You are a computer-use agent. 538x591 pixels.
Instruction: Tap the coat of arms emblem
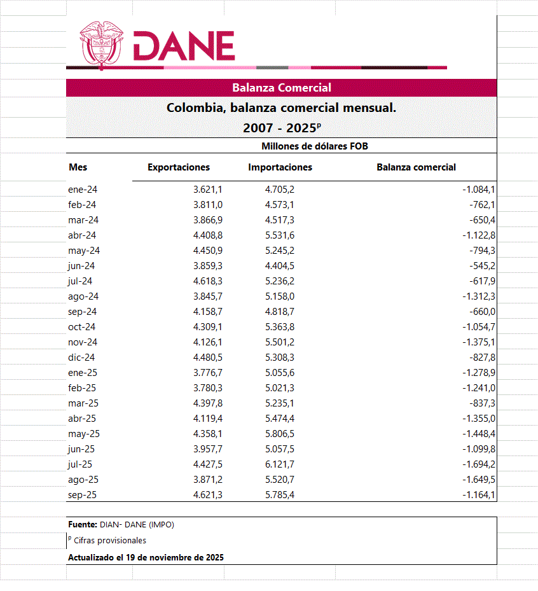pos(102,43)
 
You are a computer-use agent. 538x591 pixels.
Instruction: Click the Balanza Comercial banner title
pos(281,88)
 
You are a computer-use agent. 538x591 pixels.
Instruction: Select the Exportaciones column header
pos(179,167)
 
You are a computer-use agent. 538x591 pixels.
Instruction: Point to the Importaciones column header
pos(280,167)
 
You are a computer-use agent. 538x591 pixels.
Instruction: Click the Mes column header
pos(78,167)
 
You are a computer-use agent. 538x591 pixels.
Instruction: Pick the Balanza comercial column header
pos(416,167)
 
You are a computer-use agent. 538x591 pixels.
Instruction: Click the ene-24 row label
pos(82,190)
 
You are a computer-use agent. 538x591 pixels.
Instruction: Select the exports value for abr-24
pos(207,235)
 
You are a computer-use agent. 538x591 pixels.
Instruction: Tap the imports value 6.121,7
pos(279,464)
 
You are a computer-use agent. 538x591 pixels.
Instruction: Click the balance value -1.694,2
pos(478,464)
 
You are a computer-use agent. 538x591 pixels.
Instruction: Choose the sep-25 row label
pos(83,495)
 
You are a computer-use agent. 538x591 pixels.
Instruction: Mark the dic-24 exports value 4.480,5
pos(207,358)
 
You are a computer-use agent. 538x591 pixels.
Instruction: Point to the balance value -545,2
pos(482,266)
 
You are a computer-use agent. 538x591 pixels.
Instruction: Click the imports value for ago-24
pos(279,296)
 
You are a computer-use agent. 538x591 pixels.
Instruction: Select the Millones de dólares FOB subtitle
pos(315,146)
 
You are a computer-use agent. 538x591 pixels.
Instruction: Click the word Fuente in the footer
pos(81,525)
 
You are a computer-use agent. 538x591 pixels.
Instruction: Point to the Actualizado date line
pos(146,557)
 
